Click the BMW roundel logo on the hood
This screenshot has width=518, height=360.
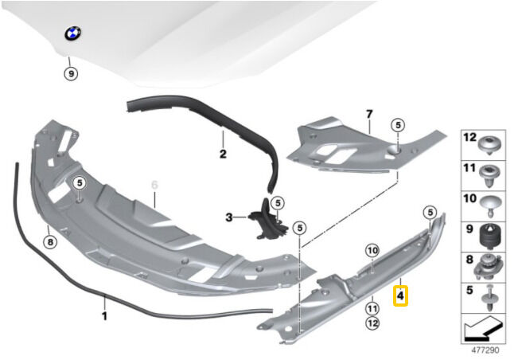(72, 33)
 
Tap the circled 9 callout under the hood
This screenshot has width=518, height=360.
(71, 73)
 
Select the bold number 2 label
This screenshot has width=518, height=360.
(223, 154)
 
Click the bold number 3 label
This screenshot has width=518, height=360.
(229, 217)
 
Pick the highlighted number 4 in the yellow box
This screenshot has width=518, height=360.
(400, 295)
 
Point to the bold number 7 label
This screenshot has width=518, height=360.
(369, 114)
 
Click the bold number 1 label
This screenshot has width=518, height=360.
(104, 316)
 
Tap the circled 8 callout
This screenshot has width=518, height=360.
(50, 243)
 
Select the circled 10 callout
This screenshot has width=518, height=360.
(372, 251)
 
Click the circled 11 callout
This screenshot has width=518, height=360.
(372, 309)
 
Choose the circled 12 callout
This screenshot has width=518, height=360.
(372, 323)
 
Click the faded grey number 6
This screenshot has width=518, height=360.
(154, 185)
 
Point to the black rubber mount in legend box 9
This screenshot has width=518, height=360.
(491, 236)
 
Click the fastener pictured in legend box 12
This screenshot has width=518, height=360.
(490, 147)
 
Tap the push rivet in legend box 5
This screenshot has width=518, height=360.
(491, 298)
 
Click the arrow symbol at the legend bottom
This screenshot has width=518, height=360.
(483, 329)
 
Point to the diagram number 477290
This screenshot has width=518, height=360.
(485, 350)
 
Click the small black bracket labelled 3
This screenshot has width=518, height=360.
(268, 220)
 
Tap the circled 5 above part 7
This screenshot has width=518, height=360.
(398, 125)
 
